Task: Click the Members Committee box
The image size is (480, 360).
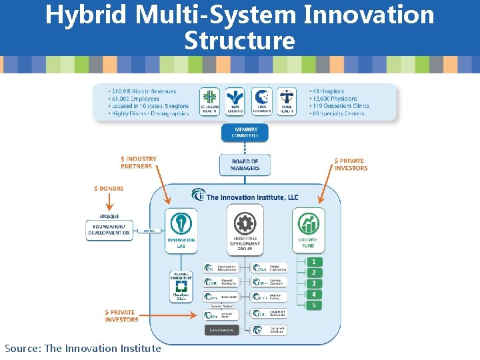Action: click(x=245, y=132)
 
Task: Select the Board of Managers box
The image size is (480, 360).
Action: click(x=245, y=165)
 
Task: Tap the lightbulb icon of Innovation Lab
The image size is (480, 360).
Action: click(x=180, y=223)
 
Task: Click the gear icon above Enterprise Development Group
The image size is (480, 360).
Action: click(x=245, y=223)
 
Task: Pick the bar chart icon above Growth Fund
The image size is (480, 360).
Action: click(x=308, y=223)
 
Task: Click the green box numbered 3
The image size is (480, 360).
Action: click(x=313, y=283)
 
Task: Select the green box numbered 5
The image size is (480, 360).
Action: click(x=313, y=305)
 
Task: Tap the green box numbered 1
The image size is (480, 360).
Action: click(x=313, y=262)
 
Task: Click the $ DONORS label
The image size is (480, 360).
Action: click(x=109, y=189)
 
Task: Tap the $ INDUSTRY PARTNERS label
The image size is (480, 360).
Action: click(x=139, y=163)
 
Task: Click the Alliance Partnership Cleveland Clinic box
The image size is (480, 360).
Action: click(x=181, y=285)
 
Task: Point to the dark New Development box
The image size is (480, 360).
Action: click(x=221, y=329)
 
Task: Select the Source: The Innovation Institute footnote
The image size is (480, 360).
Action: click(x=83, y=348)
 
